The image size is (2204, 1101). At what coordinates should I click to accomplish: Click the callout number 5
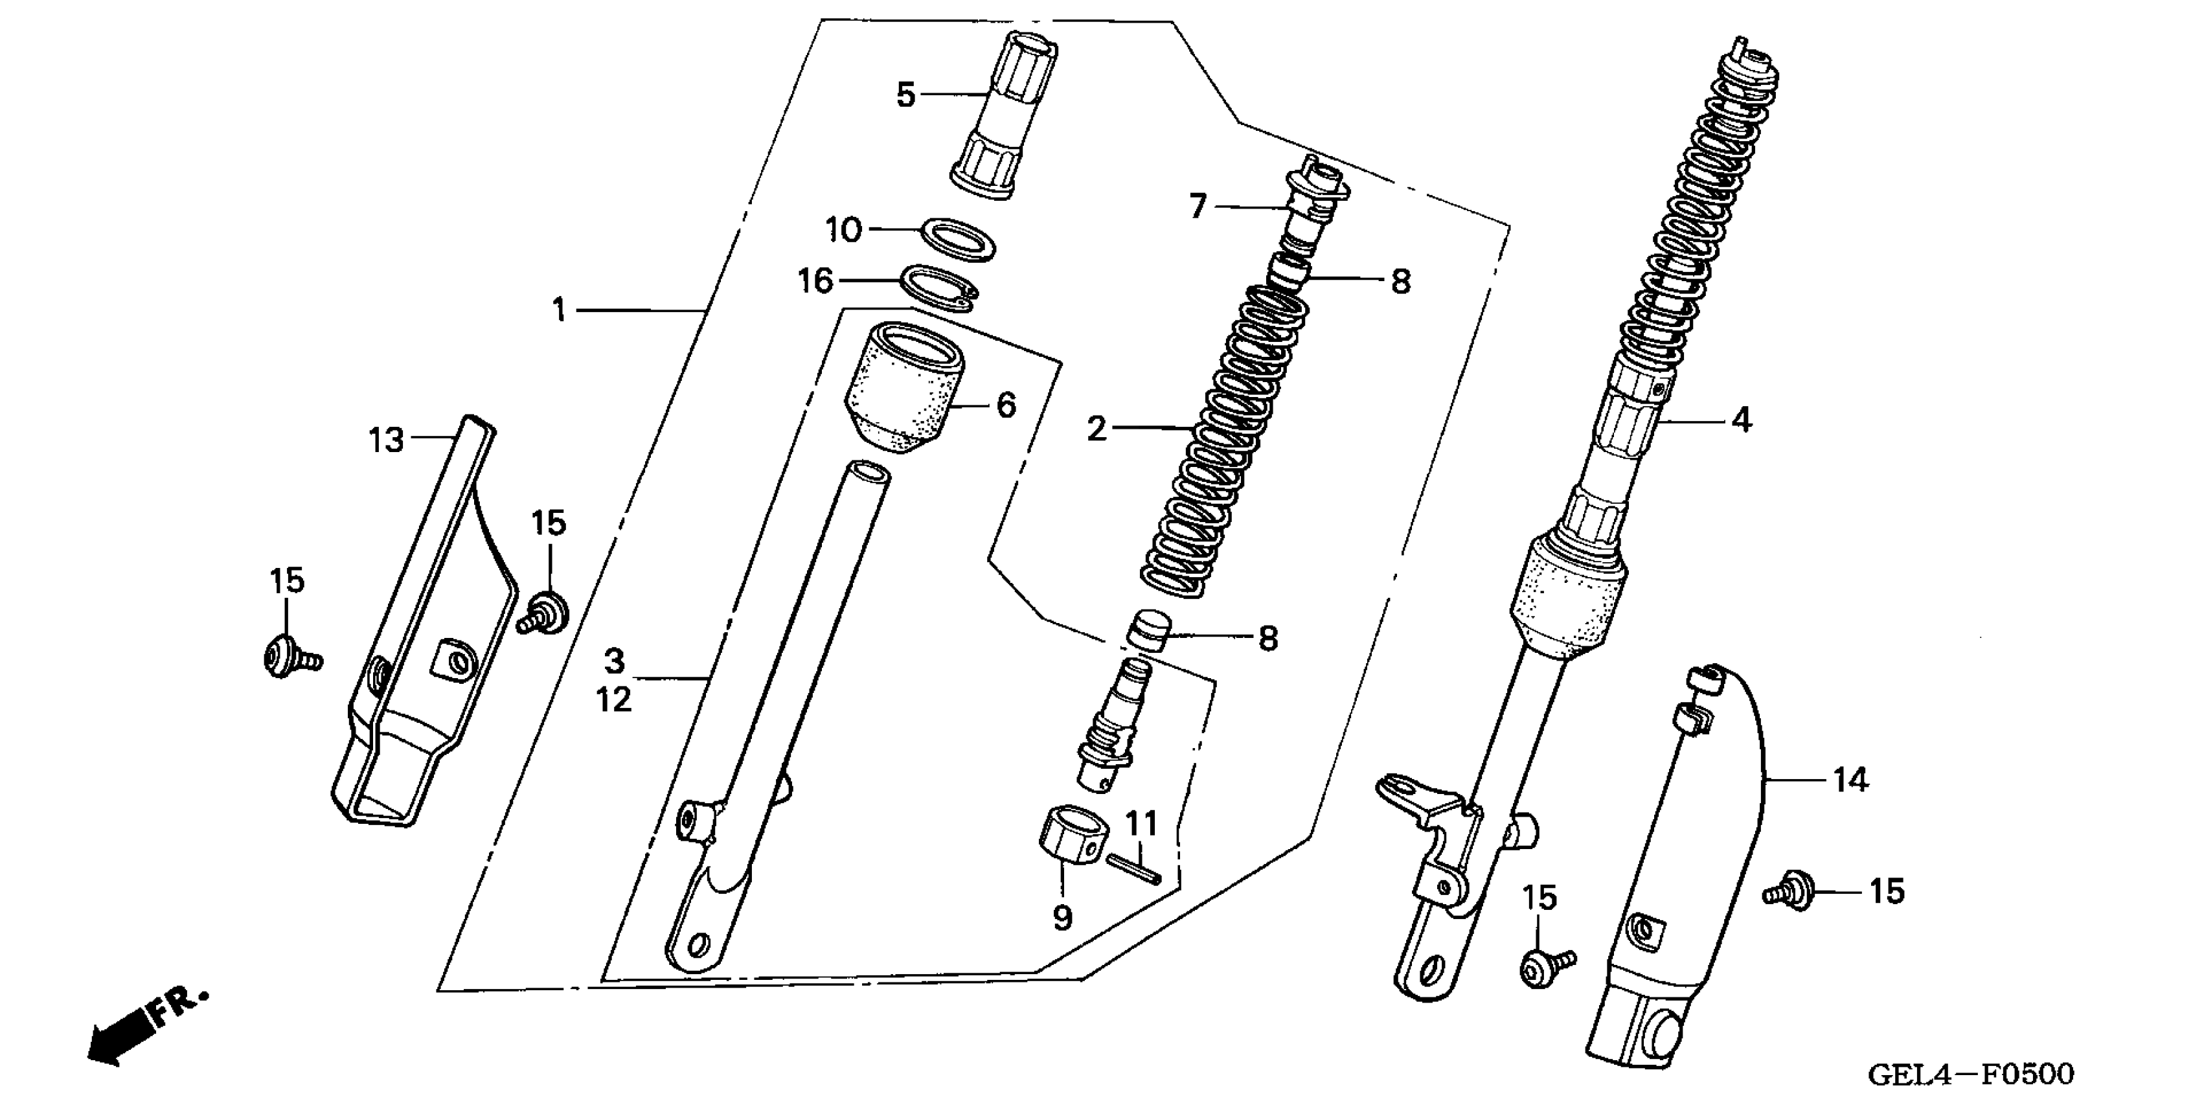[x=906, y=95]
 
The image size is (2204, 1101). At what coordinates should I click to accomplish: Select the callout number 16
[x=815, y=280]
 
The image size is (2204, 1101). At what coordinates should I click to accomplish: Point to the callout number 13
[x=386, y=440]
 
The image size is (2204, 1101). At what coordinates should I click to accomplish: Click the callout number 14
[x=1850, y=780]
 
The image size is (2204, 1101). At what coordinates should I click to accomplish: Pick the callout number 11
[x=1141, y=824]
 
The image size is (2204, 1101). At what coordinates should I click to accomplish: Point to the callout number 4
[x=1741, y=420]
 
